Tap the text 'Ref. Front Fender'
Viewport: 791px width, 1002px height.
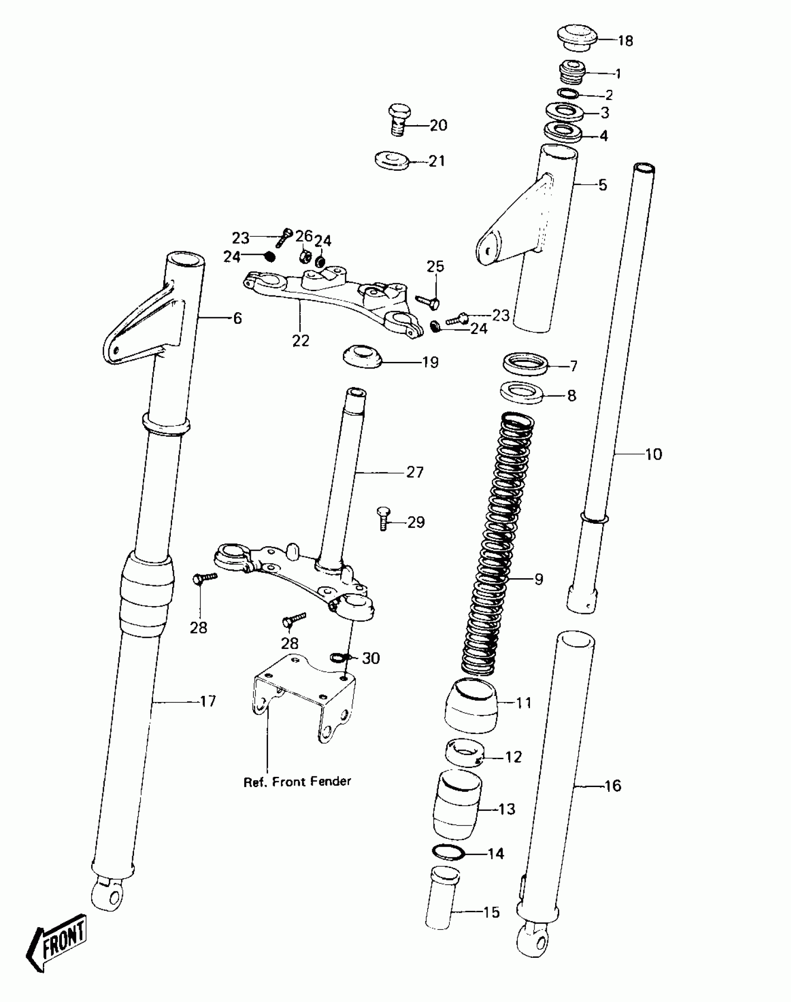click(x=297, y=782)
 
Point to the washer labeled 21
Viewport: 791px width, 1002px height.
click(x=391, y=160)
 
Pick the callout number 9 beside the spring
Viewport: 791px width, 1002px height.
click(x=538, y=580)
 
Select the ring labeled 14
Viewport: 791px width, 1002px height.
click(x=448, y=853)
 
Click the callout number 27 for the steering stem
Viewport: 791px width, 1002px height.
click(x=415, y=473)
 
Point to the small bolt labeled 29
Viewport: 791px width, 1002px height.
click(x=383, y=519)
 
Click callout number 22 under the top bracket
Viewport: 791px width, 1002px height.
click(x=301, y=341)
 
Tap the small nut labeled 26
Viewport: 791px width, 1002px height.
click(x=305, y=255)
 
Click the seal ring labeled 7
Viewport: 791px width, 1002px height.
click(x=525, y=364)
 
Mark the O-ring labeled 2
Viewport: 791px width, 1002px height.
click(x=568, y=94)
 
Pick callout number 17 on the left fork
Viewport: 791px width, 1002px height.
click(x=208, y=701)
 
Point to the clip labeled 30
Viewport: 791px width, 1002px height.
click(x=337, y=657)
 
